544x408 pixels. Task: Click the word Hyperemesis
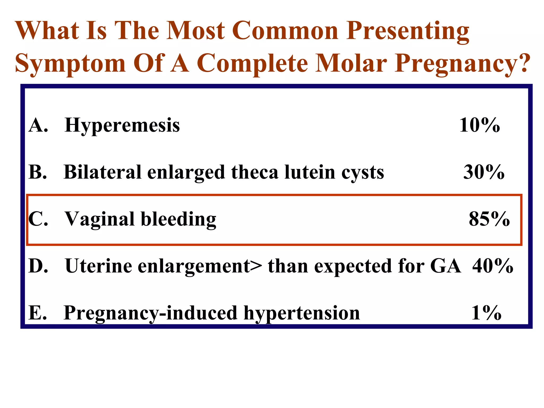pyautogui.click(x=122, y=125)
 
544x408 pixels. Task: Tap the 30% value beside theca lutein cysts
pyautogui.click(x=484, y=172)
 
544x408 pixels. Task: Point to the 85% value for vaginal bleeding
pyautogui.click(x=489, y=219)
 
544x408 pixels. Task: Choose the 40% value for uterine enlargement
pyautogui.click(x=493, y=266)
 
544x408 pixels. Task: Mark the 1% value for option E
pyautogui.click(x=486, y=313)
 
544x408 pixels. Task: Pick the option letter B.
pyautogui.click(x=37, y=172)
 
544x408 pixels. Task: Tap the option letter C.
pyautogui.click(x=37, y=219)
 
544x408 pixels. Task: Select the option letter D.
pyautogui.click(x=37, y=266)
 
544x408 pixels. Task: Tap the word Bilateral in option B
pyautogui.click(x=102, y=172)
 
